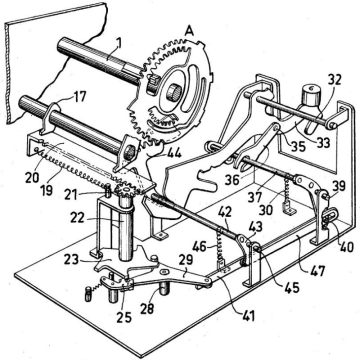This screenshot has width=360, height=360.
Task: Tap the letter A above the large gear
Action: coord(190,31)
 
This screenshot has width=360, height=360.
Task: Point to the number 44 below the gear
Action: coord(173,153)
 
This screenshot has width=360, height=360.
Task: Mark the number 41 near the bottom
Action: coord(247,315)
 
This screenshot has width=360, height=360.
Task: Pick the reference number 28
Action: coord(147,308)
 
